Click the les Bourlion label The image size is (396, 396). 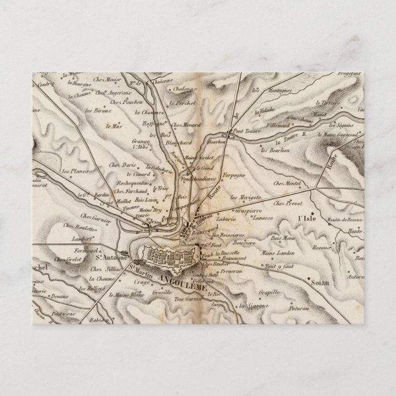point(274,150)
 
